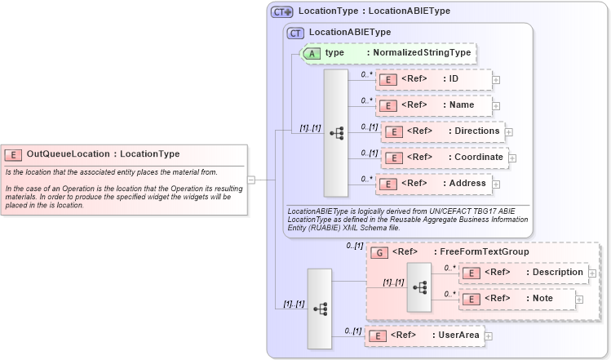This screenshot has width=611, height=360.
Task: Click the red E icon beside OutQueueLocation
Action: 13,154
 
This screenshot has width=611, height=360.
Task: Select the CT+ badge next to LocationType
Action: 282,11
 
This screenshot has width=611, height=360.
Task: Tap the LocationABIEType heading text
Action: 350,32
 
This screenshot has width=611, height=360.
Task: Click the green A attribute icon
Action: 312,53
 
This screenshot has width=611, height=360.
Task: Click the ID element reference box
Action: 433,79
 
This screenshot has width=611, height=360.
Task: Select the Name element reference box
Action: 433,105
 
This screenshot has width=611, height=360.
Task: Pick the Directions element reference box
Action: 441,131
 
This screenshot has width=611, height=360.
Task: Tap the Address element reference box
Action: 433,184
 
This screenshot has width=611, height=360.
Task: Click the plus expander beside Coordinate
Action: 512,158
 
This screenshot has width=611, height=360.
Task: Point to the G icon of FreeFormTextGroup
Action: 379,252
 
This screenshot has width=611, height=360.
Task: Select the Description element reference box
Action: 523,272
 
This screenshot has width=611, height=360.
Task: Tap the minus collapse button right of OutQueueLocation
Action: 251,180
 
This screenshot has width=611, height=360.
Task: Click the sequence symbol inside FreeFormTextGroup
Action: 420,287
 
